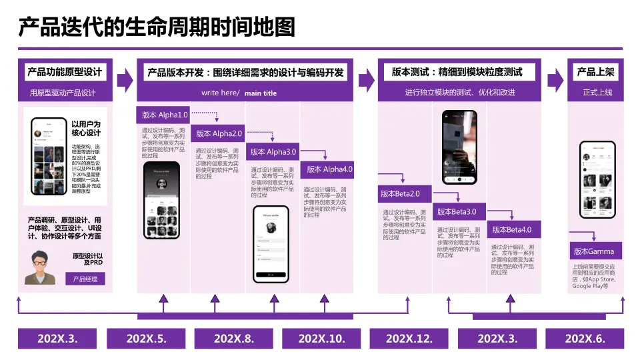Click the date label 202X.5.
tap(146, 339)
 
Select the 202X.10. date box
tap(322, 339)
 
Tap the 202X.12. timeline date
tap(409, 339)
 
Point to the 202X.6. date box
tap(585, 339)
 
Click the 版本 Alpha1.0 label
tap(164, 114)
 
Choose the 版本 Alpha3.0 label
tap(273, 152)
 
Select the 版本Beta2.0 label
tap(402, 194)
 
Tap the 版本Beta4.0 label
tap(513, 230)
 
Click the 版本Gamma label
tap(593, 251)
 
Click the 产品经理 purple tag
tap(85, 279)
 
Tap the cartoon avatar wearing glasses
tap(41, 267)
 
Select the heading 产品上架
tap(595, 72)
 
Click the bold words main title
tap(260, 93)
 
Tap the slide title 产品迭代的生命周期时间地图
tap(156, 28)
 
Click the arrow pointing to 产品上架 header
tap(555, 81)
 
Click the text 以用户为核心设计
tap(85, 128)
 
